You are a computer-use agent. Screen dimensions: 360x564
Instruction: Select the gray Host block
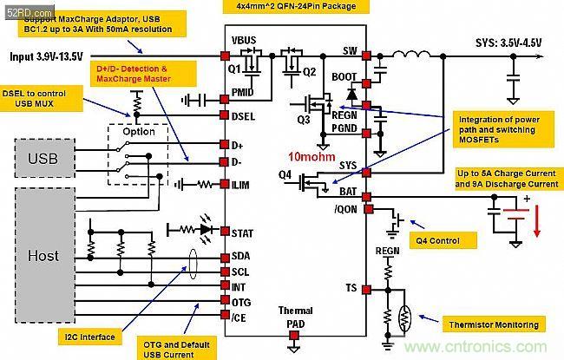click(x=43, y=257)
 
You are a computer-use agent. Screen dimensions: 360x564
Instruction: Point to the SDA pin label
click(x=242, y=256)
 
